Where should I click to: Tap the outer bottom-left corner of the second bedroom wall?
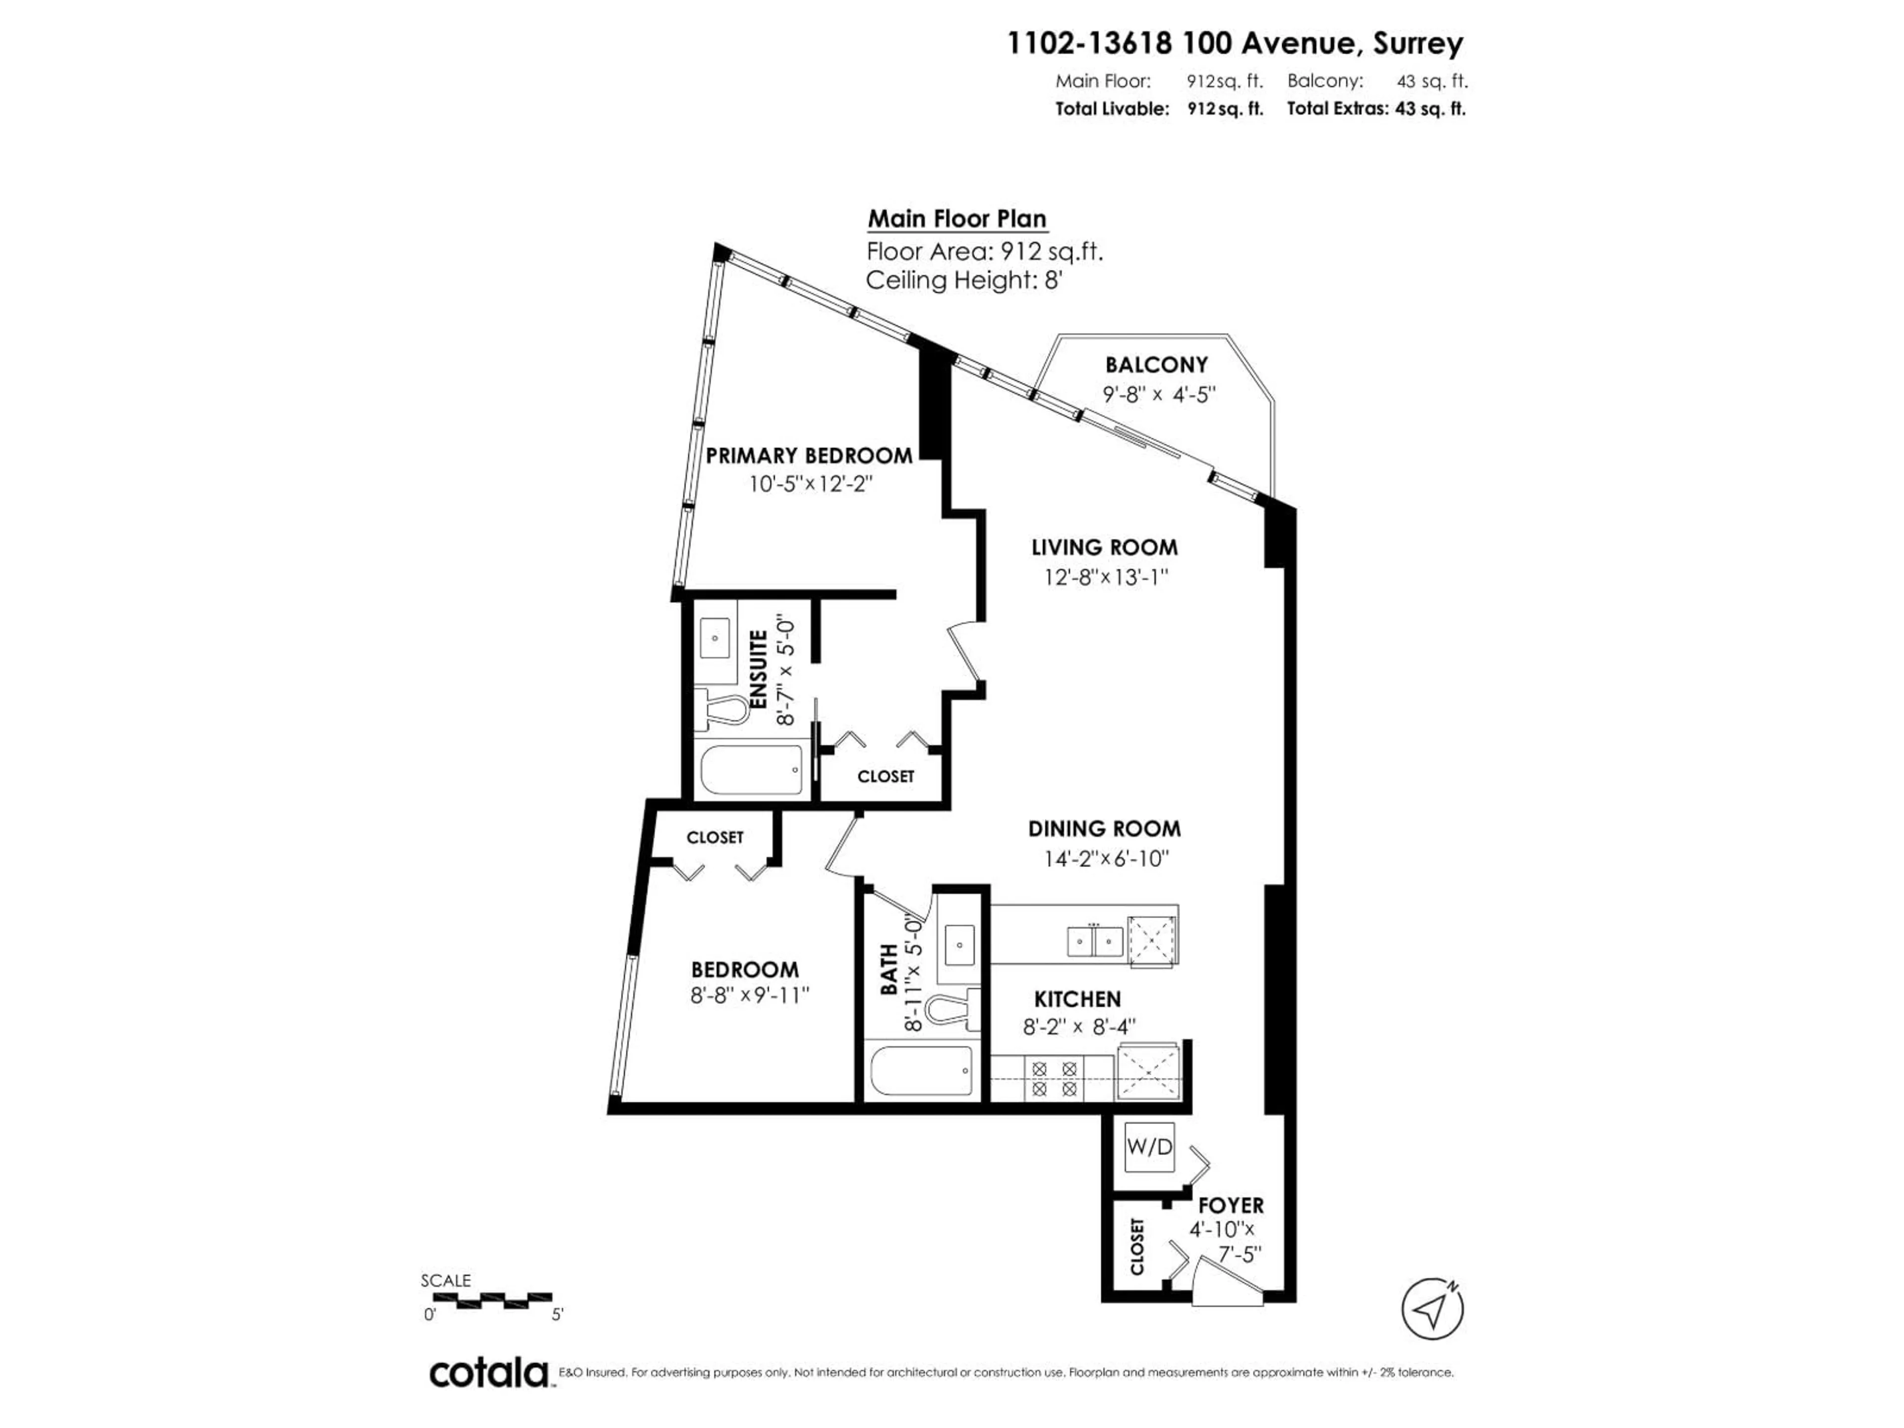click(x=608, y=1114)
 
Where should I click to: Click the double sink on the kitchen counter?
click(x=1095, y=941)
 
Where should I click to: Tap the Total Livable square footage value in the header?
click(x=1225, y=109)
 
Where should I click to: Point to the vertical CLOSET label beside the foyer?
click(x=1137, y=1247)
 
